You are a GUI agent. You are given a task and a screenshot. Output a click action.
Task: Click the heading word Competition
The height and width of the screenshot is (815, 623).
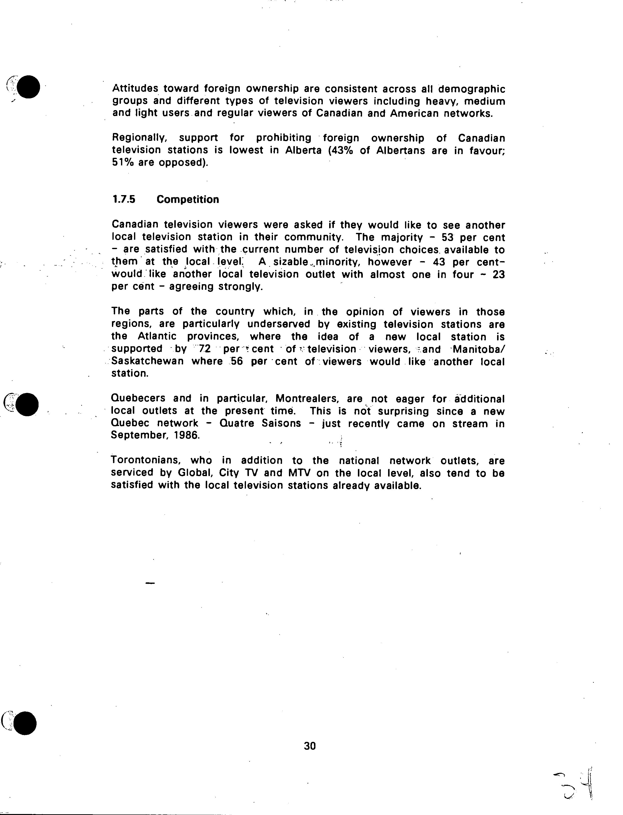188,200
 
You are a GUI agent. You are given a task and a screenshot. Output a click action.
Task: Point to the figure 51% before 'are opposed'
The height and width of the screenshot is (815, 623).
122,163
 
